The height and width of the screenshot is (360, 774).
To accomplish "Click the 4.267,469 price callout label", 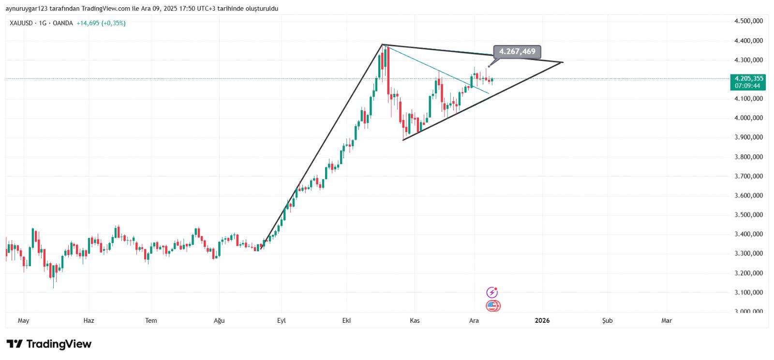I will pos(517,51).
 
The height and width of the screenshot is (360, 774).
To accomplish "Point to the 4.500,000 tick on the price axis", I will pos(748,21).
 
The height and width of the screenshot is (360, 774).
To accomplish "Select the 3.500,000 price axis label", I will pos(748,215).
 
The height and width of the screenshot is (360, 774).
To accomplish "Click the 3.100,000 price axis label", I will pos(748,292).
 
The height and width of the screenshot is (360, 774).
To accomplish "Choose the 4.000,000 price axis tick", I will pos(748,118).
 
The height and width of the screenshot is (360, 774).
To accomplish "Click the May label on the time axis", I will pos(23,320).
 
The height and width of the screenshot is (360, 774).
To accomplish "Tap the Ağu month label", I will pos(219,320).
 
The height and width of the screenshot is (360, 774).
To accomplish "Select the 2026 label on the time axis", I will pos(542,320).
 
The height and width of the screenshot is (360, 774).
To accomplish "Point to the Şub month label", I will pos(607,320).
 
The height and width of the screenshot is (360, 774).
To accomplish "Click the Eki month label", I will pos(346,320).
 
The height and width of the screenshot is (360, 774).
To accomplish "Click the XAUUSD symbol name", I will pos(21,23).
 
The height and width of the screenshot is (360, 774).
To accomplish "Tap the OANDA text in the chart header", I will pos(63,23).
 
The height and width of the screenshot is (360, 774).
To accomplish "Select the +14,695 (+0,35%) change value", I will pos(101,23).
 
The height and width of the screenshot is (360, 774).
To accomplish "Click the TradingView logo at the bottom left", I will pos(49,344).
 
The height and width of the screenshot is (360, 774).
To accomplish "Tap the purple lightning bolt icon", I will pos(492,292).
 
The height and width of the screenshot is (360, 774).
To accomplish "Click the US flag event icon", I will pos(492,306).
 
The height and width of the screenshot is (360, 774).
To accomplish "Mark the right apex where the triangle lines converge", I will pos(563,62).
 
